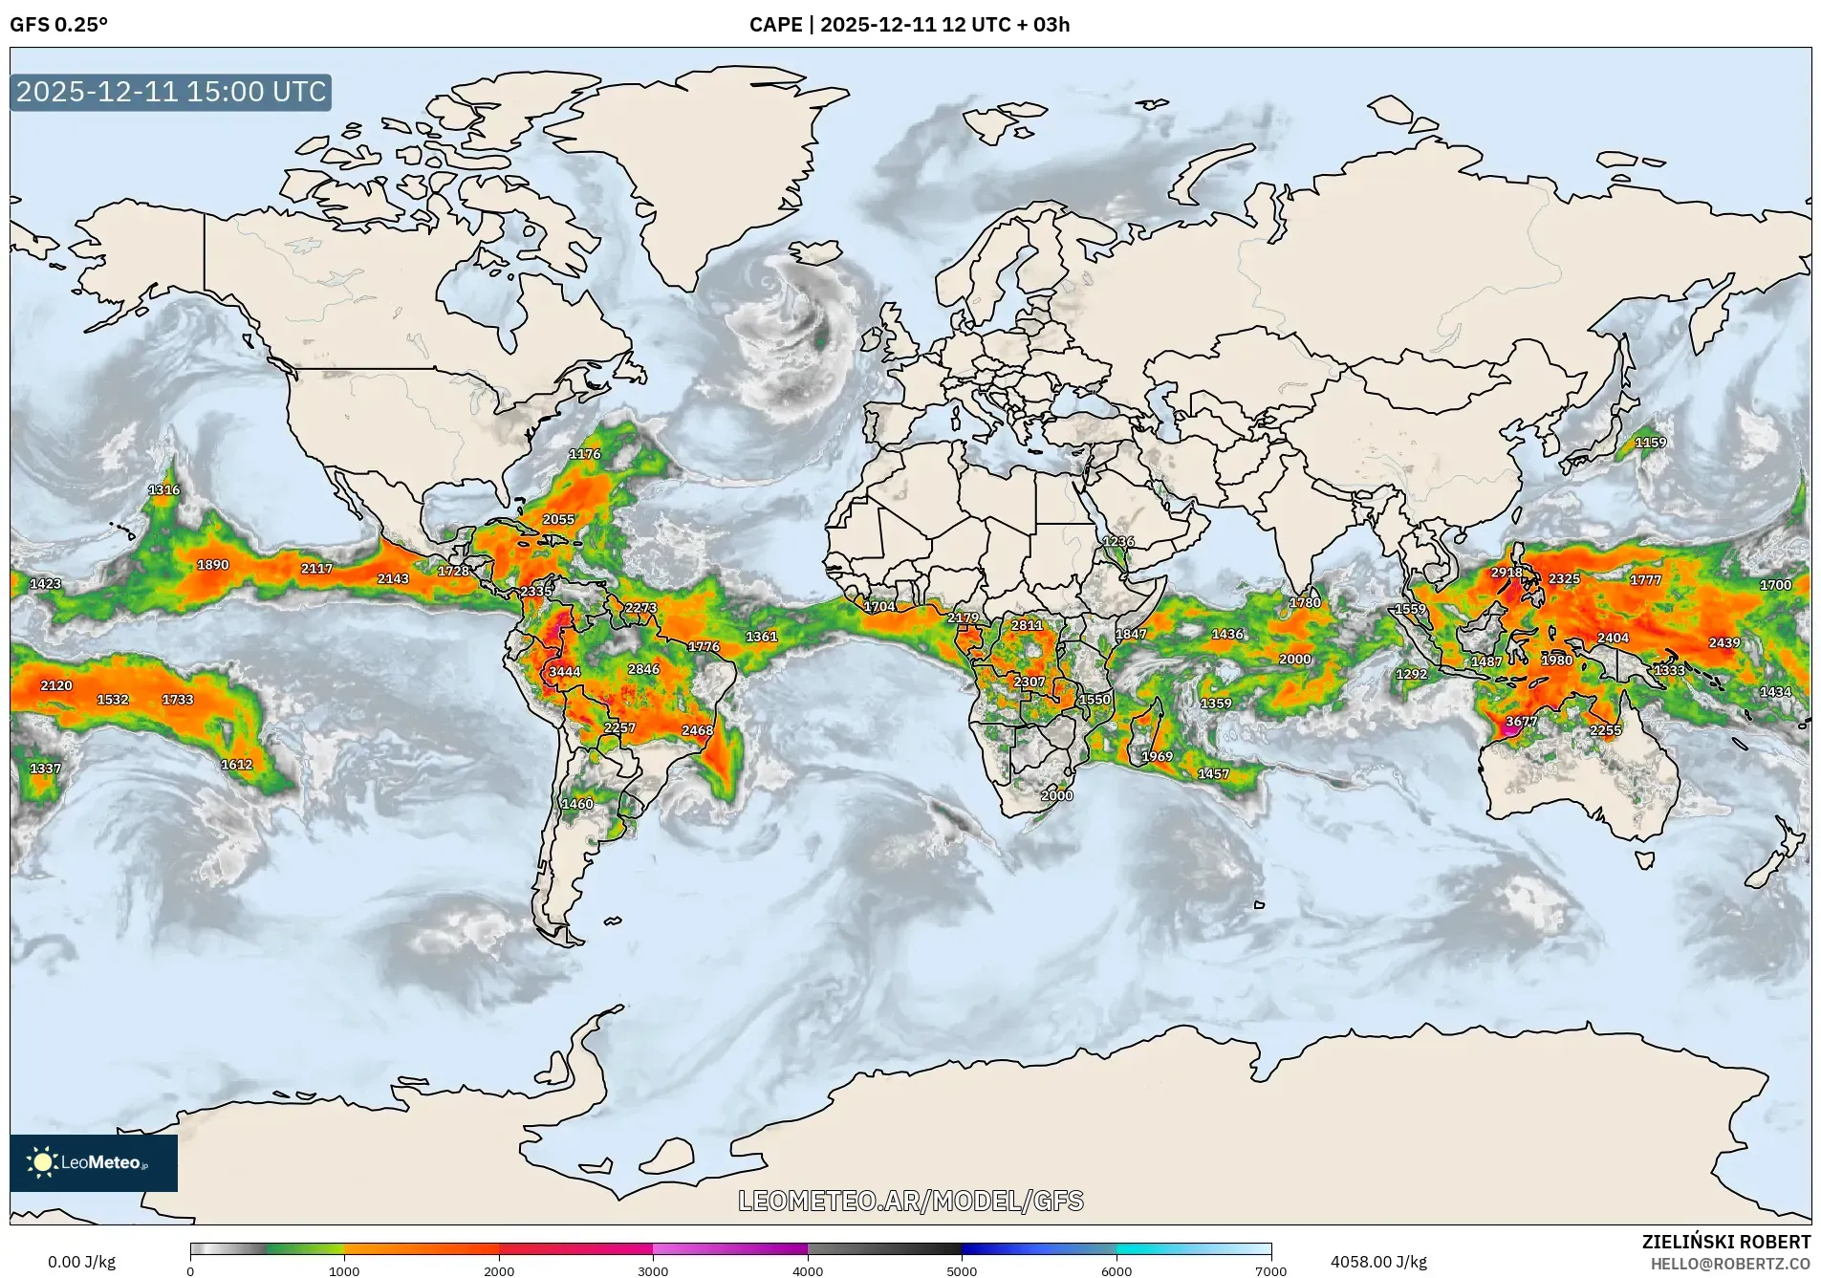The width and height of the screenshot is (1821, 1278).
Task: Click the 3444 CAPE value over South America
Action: (565, 672)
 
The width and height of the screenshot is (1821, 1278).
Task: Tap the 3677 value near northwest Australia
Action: (1522, 722)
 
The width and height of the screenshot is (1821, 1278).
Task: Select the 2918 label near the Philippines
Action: (1507, 573)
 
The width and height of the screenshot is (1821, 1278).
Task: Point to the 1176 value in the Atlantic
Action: (585, 454)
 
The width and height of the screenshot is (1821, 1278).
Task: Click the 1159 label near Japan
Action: (1651, 443)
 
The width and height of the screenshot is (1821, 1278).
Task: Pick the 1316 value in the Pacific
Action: (164, 490)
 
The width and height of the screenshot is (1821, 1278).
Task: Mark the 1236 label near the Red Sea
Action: (1118, 542)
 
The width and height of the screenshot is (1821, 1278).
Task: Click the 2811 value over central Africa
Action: (1028, 625)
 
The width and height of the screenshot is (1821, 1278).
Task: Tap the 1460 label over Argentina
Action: (577, 804)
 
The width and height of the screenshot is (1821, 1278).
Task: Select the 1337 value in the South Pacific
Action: (45, 769)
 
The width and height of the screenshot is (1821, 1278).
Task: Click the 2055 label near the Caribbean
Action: (559, 520)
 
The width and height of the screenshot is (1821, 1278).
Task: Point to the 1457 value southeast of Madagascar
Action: (1214, 774)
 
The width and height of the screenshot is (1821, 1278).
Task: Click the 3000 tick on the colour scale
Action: (653, 1271)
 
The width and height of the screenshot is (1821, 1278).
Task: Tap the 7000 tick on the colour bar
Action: (1271, 1271)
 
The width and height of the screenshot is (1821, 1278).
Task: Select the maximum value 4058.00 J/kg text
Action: (1378, 1262)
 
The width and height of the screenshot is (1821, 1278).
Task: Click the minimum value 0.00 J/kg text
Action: (82, 1262)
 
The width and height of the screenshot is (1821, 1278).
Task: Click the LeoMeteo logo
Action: (93, 1162)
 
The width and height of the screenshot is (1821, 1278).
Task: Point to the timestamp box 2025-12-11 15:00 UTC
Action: (171, 92)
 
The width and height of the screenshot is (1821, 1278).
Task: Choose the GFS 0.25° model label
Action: (59, 25)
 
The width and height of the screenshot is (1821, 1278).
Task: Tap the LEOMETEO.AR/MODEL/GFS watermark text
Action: (911, 1201)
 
